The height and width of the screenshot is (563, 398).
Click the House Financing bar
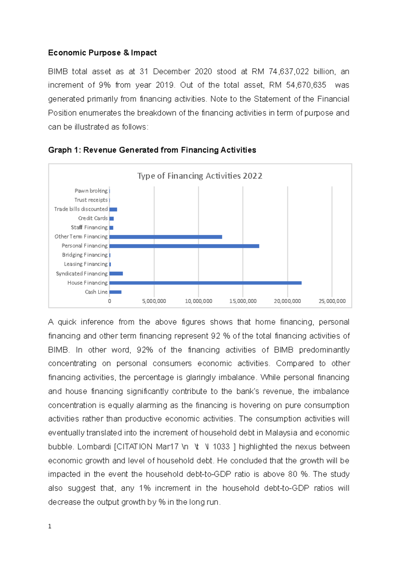205,283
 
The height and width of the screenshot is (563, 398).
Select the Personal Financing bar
184,246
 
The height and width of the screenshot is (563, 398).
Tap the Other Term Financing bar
166,237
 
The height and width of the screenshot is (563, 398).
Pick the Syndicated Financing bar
116,274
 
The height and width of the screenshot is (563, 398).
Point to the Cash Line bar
115,292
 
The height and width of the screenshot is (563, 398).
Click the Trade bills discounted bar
113,209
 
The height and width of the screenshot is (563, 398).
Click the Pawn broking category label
91,191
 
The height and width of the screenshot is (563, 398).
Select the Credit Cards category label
93,218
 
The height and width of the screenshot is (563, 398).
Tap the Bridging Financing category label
85,255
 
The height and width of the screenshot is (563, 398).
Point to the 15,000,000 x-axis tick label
243,301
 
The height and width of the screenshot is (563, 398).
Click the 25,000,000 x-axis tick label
332,301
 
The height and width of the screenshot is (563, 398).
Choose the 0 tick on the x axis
109,301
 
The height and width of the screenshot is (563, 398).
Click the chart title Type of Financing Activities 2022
200,176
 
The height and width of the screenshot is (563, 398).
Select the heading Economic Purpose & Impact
102,53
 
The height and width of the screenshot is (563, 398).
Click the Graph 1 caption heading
152,150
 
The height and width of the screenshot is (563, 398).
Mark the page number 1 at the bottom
50,526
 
